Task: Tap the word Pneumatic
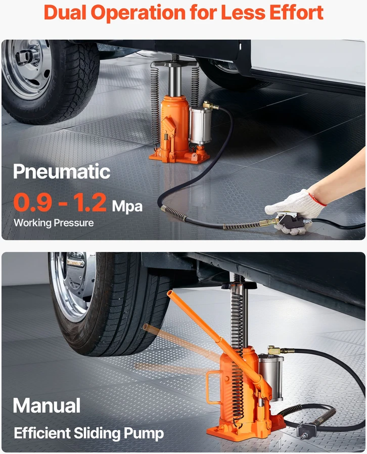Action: [x=62, y=172]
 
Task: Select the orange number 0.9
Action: [x=33, y=202]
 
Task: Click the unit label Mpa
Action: [x=127, y=207]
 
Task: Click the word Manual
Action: [x=47, y=406]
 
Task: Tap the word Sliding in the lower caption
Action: [x=97, y=433]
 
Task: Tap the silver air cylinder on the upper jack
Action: [x=201, y=125]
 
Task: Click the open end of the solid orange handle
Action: [x=170, y=293]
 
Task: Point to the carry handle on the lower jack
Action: [x=213, y=386]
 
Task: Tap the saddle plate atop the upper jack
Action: [x=175, y=63]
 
